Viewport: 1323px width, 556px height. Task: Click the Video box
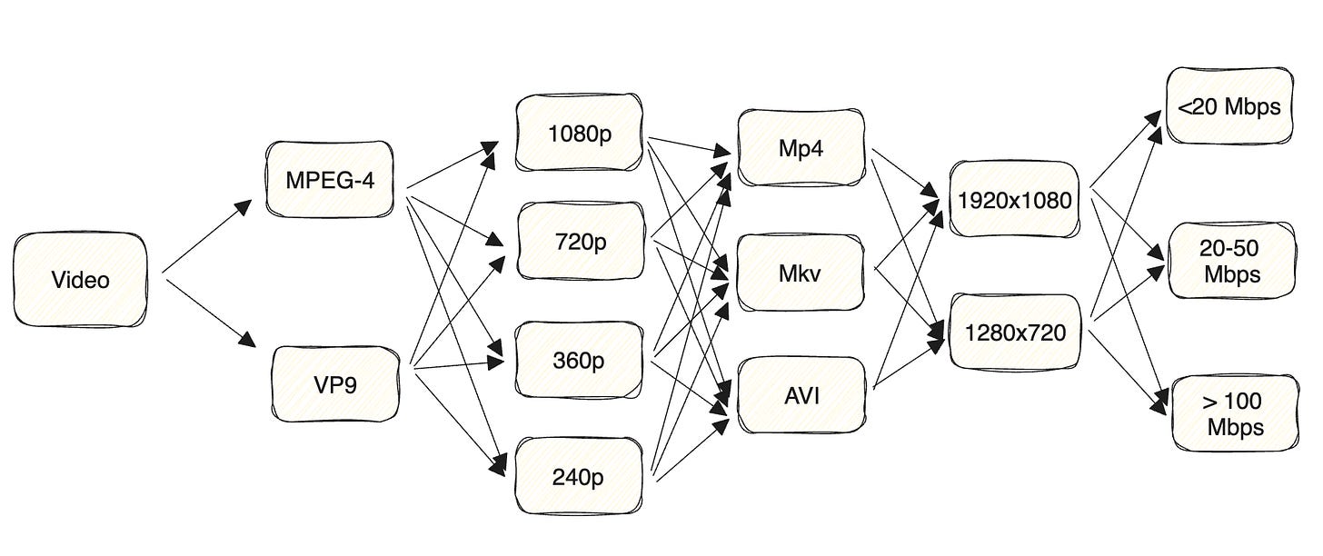tap(80, 280)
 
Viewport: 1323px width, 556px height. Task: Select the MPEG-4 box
tap(330, 179)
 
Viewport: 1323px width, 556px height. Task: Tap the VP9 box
tap(335, 384)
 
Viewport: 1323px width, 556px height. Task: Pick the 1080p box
tap(580, 134)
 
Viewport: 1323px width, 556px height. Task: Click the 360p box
tap(579, 360)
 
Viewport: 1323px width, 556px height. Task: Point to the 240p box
tap(579, 476)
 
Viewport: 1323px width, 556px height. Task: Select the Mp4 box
tap(801, 148)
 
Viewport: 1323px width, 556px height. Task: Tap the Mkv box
tap(801, 273)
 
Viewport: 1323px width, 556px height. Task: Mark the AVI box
tap(801, 396)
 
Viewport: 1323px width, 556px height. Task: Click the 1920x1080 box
tap(1015, 199)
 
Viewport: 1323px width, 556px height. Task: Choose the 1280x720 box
tap(1015, 333)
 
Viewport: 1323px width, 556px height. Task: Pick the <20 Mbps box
tap(1228, 106)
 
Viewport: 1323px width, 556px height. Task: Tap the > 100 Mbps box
tap(1235, 413)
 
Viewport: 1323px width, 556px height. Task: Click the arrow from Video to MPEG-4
tap(207, 236)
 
